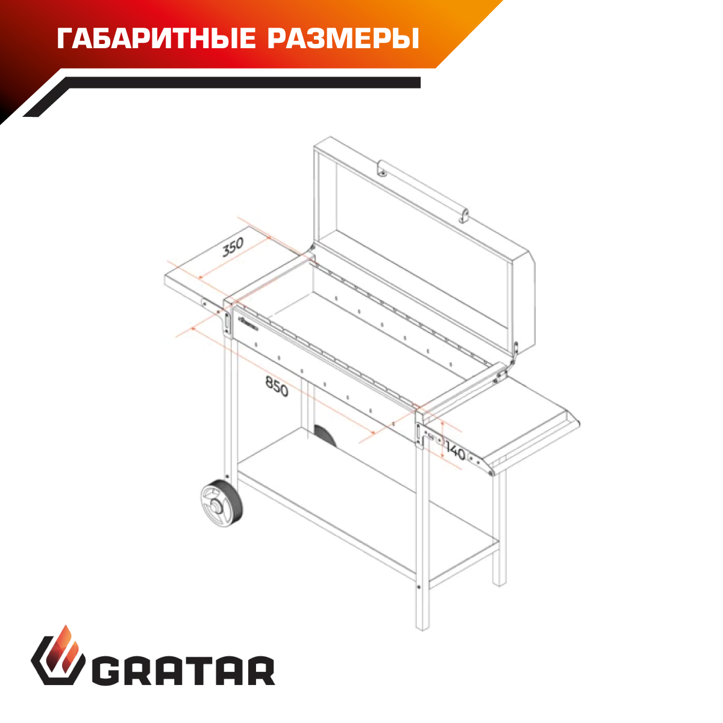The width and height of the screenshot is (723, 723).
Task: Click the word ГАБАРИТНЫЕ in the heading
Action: [156, 39]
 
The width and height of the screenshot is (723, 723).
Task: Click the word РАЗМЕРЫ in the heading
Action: [343, 39]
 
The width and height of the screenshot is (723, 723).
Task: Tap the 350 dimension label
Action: [233, 247]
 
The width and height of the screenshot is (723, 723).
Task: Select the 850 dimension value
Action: [277, 386]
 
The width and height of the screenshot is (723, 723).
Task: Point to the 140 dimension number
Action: [455, 452]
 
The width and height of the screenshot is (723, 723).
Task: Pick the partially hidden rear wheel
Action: [325, 435]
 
